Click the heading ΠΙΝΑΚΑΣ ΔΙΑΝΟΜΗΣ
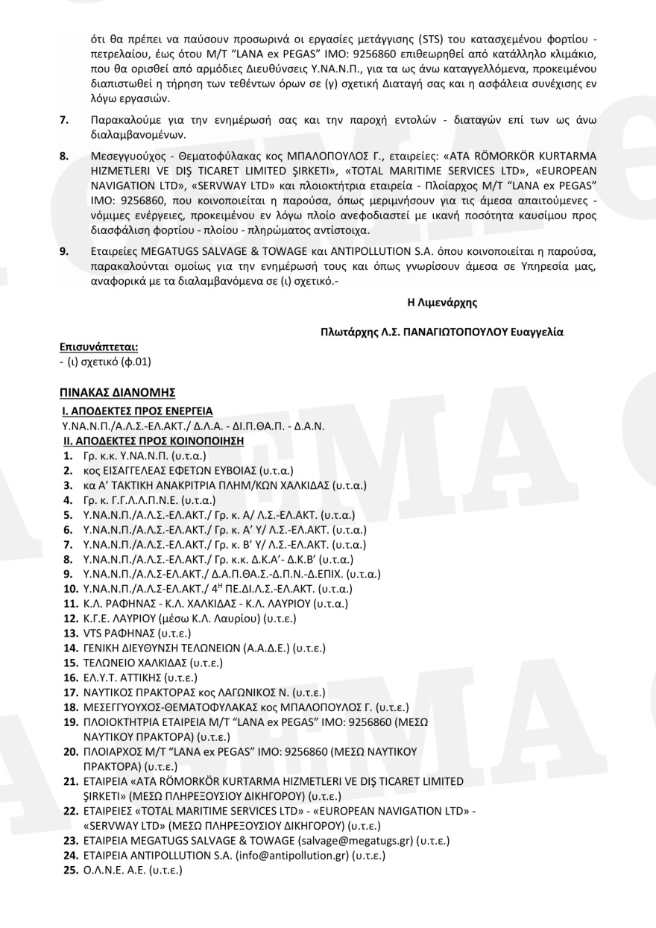pyautogui.click(x=117, y=391)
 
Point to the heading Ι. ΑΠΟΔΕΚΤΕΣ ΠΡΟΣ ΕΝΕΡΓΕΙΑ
pyautogui.click(x=137, y=411)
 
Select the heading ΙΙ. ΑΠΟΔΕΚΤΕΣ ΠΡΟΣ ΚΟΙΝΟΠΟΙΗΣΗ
pyautogui.click(x=154, y=441)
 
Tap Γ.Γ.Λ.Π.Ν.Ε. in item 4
pyautogui.click(x=136, y=500)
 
